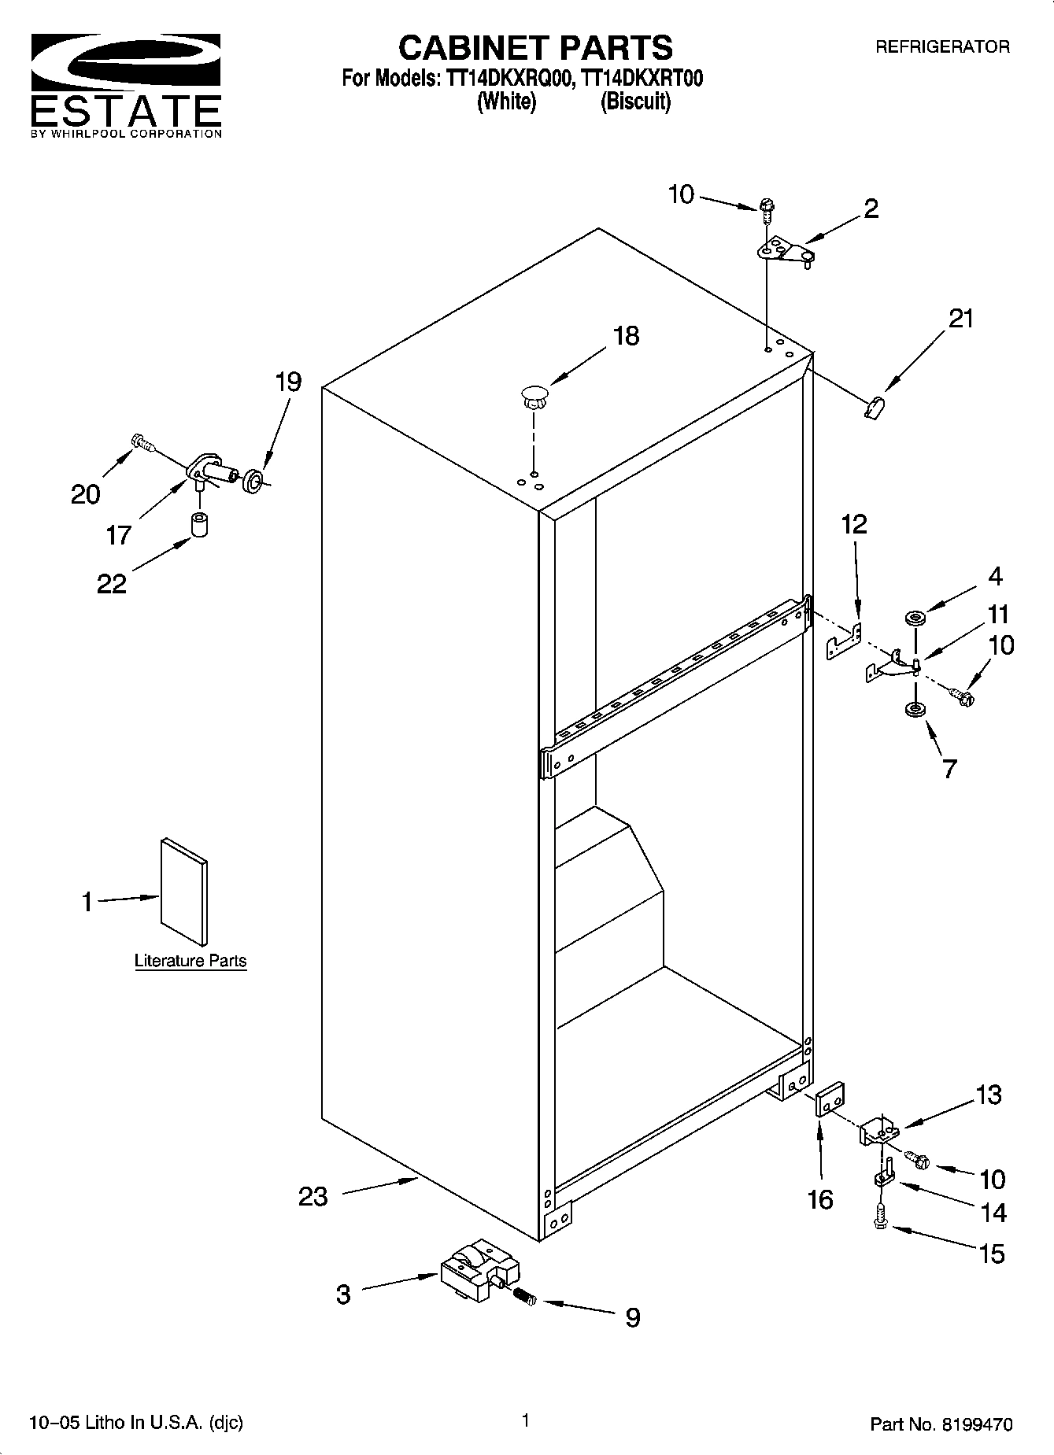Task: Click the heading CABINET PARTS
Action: click(x=535, y=49)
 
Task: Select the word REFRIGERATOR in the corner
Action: click(x=942, y=47)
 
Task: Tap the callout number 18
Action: click(x=626, y=337)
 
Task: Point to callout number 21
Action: click(x=960, y=319)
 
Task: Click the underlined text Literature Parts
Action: click(x=190, y=961)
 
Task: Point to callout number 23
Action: click(x=313, y=1197)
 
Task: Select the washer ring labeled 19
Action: click(x=253, y=481)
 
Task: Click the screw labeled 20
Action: click(x=142, y=444)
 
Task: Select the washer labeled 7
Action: click(x=915, y=710)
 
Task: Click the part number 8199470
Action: click(x=974, y=1424)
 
